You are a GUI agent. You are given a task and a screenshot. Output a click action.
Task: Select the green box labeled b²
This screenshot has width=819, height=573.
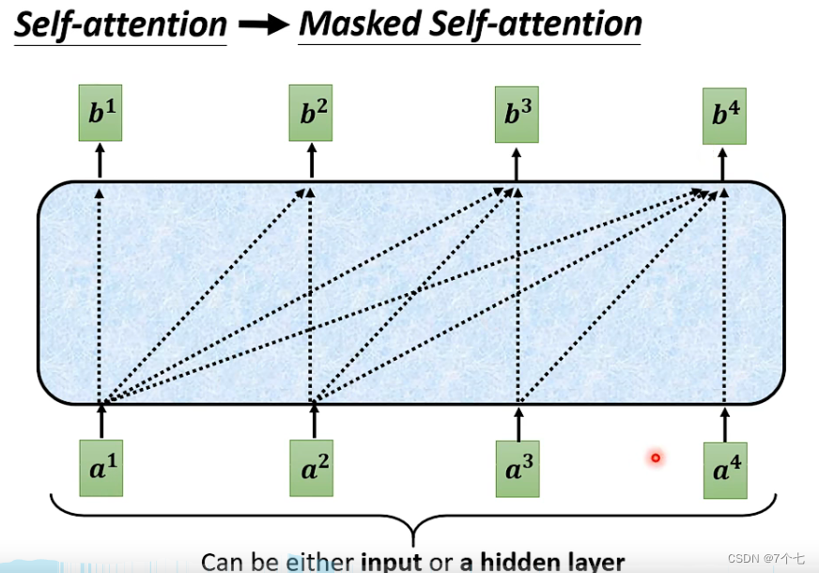click(x=312, y=116)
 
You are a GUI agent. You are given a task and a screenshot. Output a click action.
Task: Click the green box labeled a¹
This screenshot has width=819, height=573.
click(x=101, y=468)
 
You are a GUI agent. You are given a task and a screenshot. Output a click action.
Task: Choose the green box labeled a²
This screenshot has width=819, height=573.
click(x=314, y=468)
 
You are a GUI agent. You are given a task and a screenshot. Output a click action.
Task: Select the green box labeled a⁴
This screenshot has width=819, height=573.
click(x=725, y=471)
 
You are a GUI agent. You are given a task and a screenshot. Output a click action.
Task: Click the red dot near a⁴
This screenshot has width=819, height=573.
click(x=656, y=458)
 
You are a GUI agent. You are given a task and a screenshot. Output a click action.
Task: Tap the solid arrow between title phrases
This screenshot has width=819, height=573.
click(x=263, y=25)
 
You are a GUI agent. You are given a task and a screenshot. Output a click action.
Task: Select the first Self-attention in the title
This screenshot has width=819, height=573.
click(x=120, y=25)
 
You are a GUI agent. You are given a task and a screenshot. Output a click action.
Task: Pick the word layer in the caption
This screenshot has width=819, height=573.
click(x=591, y=562)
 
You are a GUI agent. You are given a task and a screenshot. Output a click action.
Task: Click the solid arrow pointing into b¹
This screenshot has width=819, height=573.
click(x=100, y=163)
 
